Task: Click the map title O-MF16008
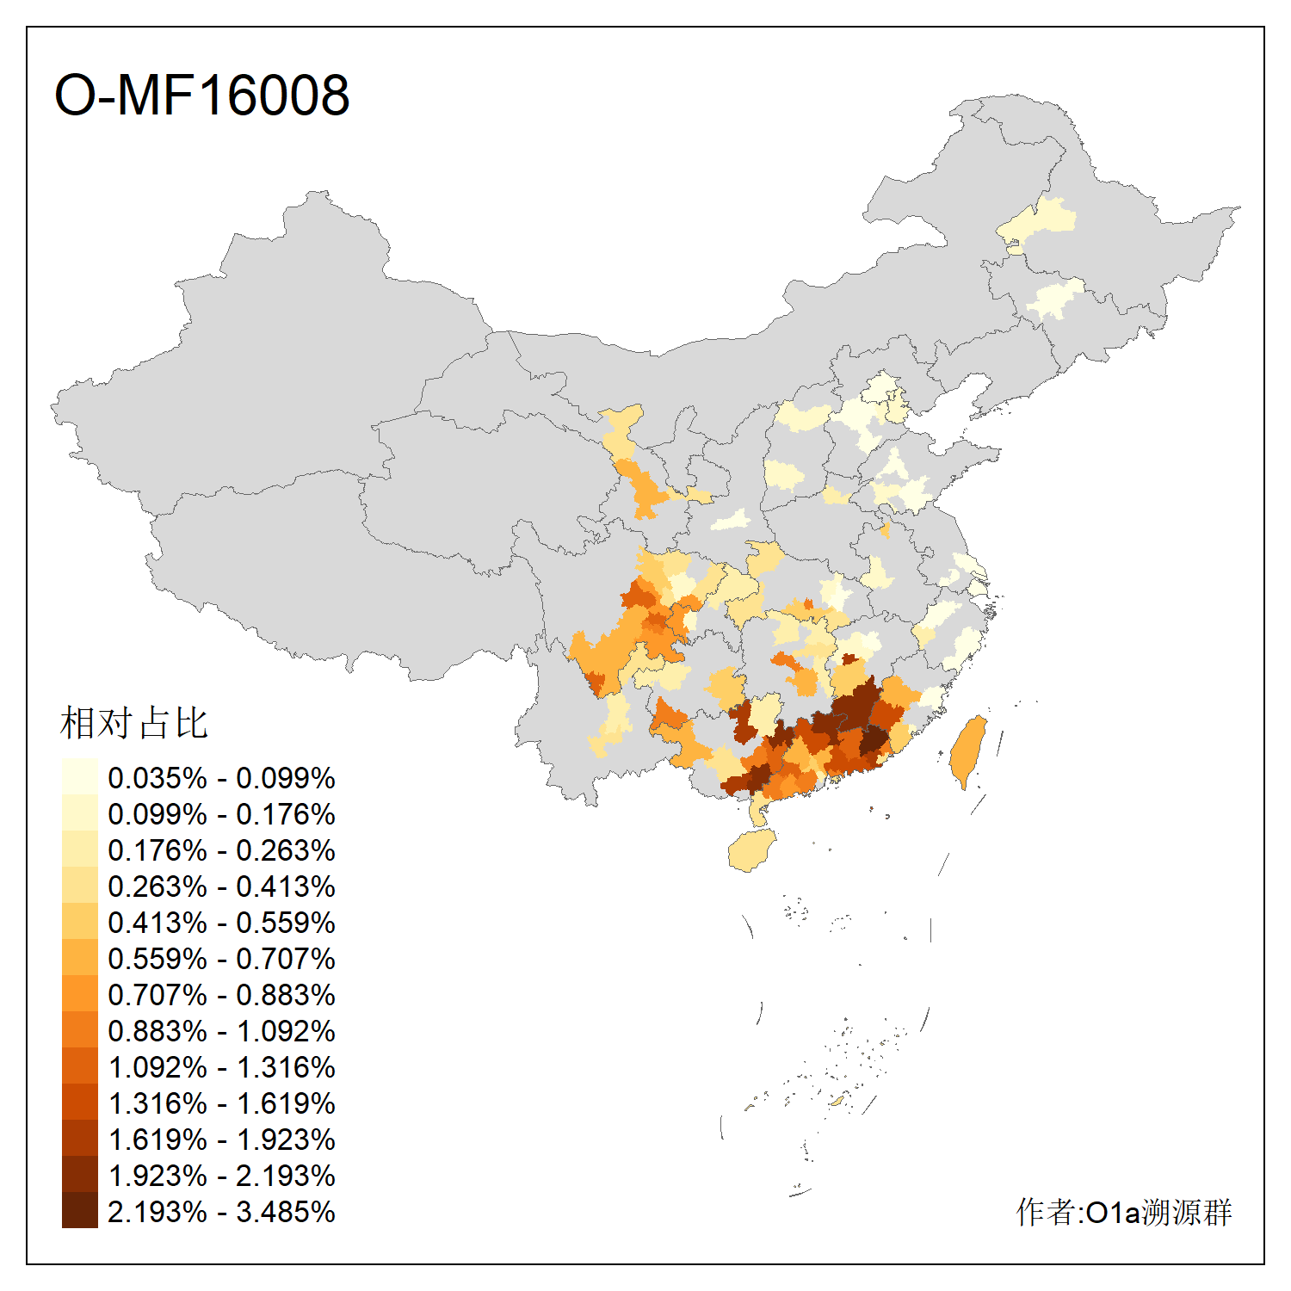coord(202,95)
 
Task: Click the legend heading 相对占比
coord(134,723)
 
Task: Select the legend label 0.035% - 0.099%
coord(221,778)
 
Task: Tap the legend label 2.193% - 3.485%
coord(221,1212)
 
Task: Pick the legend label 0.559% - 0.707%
coord(221,959)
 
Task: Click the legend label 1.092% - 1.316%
coord(221,1067)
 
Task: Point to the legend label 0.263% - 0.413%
coord(221,886)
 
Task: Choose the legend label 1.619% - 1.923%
coord(221,1140)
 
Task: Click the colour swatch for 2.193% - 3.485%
coord(79,1210)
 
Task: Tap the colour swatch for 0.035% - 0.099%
coord(79,776)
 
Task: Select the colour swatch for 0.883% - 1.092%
coord(79,1029)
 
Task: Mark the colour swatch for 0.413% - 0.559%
coord(79,921)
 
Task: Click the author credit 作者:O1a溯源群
coord(1123,1212)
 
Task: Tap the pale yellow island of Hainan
coord(751,850)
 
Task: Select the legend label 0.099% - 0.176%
coord(221,814)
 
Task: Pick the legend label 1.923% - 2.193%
coord(221,1176)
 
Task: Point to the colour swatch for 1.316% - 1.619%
coord(79,1102)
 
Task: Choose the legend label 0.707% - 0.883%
coord(221,995)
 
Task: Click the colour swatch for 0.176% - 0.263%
coord(79,849)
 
